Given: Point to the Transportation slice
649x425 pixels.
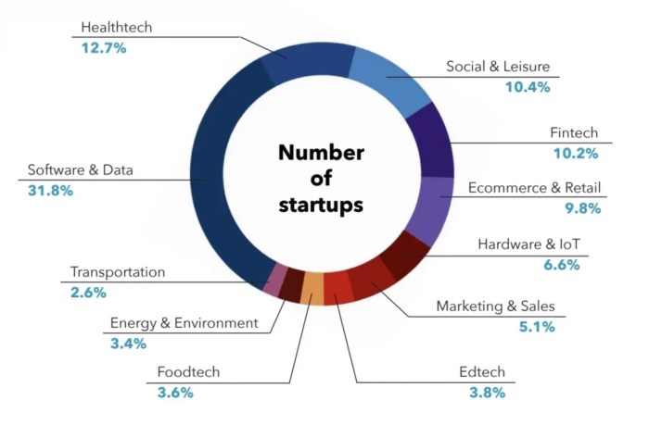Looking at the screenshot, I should tap(274, 277).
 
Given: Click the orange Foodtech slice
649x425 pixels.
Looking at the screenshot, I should tap(312, 289).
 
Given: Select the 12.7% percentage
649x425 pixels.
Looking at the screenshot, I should tap(103, 47).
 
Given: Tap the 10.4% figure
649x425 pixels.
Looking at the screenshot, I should tap(527, 87).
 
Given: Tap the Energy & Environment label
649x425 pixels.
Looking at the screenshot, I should tap(184, 323).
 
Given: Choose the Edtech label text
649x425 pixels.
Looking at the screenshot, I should tap(482, 373).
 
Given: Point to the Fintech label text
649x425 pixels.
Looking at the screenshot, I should tap(574, 133).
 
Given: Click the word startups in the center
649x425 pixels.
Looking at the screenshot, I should tap(321, 203).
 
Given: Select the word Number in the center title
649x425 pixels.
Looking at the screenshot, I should tap(321, 152).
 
